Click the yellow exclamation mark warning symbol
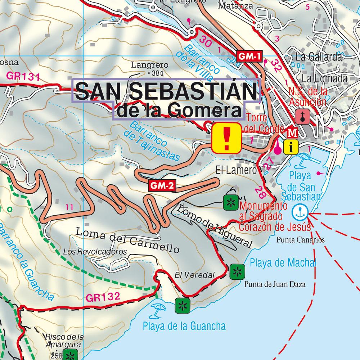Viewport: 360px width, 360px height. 226,138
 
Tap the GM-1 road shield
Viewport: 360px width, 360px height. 249,56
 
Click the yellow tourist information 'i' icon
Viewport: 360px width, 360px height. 290,147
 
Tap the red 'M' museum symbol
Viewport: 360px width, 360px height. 293,133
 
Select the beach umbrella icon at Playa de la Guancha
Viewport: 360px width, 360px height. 158,310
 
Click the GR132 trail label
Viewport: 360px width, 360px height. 103,297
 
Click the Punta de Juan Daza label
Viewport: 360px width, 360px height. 275,285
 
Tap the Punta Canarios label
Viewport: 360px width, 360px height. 301,240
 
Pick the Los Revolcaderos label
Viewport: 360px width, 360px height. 95,251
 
